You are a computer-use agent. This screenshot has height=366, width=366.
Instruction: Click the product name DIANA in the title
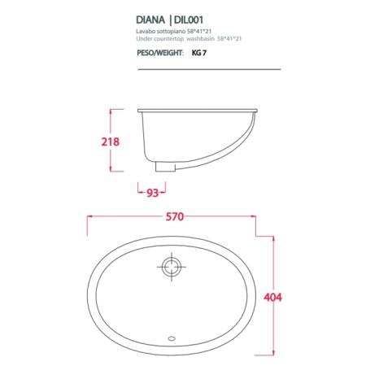150,20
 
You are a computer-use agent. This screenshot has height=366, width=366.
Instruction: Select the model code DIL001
189,20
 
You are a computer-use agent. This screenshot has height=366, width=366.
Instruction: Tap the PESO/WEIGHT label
160,53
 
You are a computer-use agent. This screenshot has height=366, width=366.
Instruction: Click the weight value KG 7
199,53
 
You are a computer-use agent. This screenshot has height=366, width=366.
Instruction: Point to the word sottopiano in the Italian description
168,32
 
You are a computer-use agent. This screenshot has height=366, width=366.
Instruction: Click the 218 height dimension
110,142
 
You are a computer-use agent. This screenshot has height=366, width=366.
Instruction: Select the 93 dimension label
152,193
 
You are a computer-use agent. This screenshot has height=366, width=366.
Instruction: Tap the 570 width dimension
175,216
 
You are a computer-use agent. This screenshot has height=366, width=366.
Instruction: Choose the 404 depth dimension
272,298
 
